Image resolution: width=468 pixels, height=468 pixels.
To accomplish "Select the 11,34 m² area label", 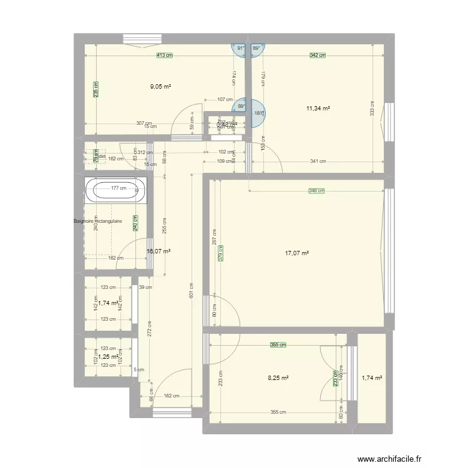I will click(x=318, y=108).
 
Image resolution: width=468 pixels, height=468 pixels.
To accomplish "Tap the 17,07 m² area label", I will click(x=297, y=253).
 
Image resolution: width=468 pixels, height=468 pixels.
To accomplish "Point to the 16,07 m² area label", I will click(x=158, y=252).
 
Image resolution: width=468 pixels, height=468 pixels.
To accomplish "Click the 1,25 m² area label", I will click(x=108, y=356).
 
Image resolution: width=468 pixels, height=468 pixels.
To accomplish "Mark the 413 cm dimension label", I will click(x=164, y=56).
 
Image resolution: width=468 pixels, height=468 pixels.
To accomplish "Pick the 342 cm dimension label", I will click(x=318, y=56).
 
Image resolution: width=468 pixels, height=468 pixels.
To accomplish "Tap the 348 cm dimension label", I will click(x=318, y=192).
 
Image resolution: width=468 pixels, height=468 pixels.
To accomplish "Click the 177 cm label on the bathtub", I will click(x=119, y=188).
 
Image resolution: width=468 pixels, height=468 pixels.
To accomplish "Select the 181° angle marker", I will click(x=259, y=113).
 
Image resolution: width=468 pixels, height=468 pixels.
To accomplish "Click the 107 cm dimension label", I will click(x=225, y=99).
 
